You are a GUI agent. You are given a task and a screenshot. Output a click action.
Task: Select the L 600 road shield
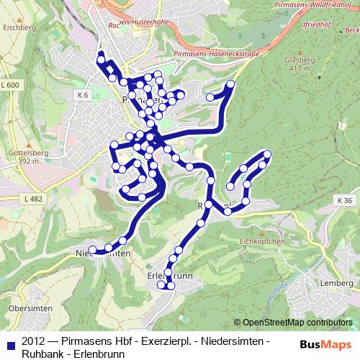coord(11,86)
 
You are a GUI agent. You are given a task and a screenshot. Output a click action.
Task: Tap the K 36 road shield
coord(345,200)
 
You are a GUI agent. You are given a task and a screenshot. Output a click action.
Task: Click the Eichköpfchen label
coord(262,241)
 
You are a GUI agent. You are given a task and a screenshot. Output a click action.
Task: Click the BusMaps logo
coord(325,344)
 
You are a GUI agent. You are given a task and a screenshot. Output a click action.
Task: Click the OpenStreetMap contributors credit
coord(296,323)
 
